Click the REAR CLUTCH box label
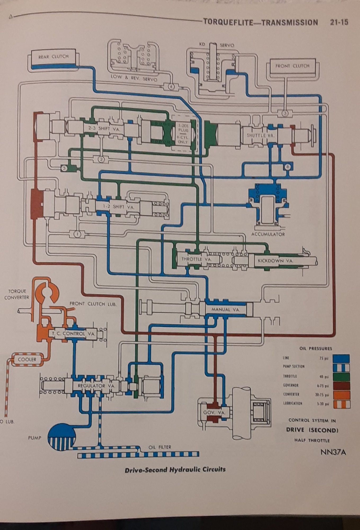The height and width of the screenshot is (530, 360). pos(53,56)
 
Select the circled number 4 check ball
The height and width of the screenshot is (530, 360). pos(171,86)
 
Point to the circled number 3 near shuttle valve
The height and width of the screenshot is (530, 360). pos(285,113)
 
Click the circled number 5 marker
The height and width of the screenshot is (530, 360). pos(64,168)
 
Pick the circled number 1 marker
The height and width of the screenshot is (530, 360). pos(77,234)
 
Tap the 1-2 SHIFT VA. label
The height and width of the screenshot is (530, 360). pos(119,207)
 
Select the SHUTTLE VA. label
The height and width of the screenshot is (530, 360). pos(261,135)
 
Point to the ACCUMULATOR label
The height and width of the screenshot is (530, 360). pos(268,234)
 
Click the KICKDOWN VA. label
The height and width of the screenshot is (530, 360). pos(275,261)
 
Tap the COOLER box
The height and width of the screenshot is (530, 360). pos(27,360)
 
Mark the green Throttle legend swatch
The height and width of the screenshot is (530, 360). pos(341,377)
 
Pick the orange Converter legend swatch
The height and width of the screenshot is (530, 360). pos(341,395)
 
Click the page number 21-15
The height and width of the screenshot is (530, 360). pos(339,22)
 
